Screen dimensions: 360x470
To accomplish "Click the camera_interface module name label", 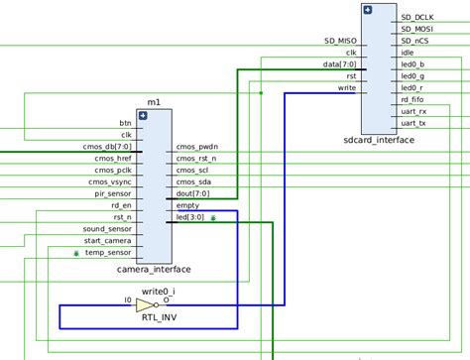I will tap(154, 270).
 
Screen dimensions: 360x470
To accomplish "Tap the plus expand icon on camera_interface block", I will tap(143, 116).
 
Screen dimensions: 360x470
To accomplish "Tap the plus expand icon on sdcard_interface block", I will tap(368, 10).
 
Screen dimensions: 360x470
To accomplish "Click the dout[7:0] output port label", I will tap(192, 194).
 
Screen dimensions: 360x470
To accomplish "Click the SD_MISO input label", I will tap(340, 41).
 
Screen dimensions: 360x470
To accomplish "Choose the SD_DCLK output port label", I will tap(417, 17).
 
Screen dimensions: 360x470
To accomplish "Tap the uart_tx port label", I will tap(414, 124).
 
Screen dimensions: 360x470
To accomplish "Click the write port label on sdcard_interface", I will tap(346, 88).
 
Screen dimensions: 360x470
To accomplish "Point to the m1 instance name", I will tap(154, 102).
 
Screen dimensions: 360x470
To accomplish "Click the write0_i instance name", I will tap(159, 292).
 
